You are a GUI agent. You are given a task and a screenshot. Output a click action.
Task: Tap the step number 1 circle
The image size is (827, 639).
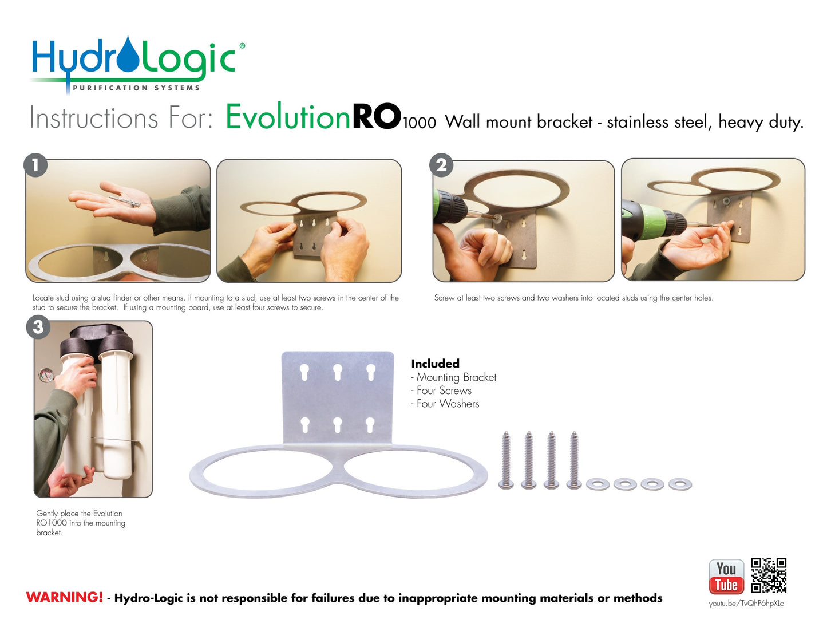click(x=35, y=165)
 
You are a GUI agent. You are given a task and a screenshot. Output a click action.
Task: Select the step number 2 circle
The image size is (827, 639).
click(x=441, y=165)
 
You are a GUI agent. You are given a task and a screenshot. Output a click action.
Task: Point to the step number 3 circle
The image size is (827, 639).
click(x=38, y=327)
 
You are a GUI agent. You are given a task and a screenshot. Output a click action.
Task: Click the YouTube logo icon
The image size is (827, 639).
click(x=726, y=577)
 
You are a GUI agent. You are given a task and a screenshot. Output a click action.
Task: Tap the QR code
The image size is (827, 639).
click(x=769, y=575)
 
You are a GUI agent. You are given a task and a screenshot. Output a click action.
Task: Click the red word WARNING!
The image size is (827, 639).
click(x=64, y=598)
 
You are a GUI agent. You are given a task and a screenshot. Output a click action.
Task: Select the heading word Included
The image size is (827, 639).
click(x=435, y=364)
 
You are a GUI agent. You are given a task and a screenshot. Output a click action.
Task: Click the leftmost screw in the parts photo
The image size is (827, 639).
click(x=506, y=460)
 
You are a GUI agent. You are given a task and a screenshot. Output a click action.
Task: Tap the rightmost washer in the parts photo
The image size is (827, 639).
click(x=680, y=484)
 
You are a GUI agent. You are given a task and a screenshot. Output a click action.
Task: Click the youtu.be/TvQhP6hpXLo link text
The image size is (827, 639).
click(x=746, y=603)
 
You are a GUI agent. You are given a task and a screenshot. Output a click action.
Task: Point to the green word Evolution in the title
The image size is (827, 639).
click(x=288, y=117)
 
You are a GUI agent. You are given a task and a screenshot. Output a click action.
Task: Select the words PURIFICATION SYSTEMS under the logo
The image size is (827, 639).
click(x=136, y=88)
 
